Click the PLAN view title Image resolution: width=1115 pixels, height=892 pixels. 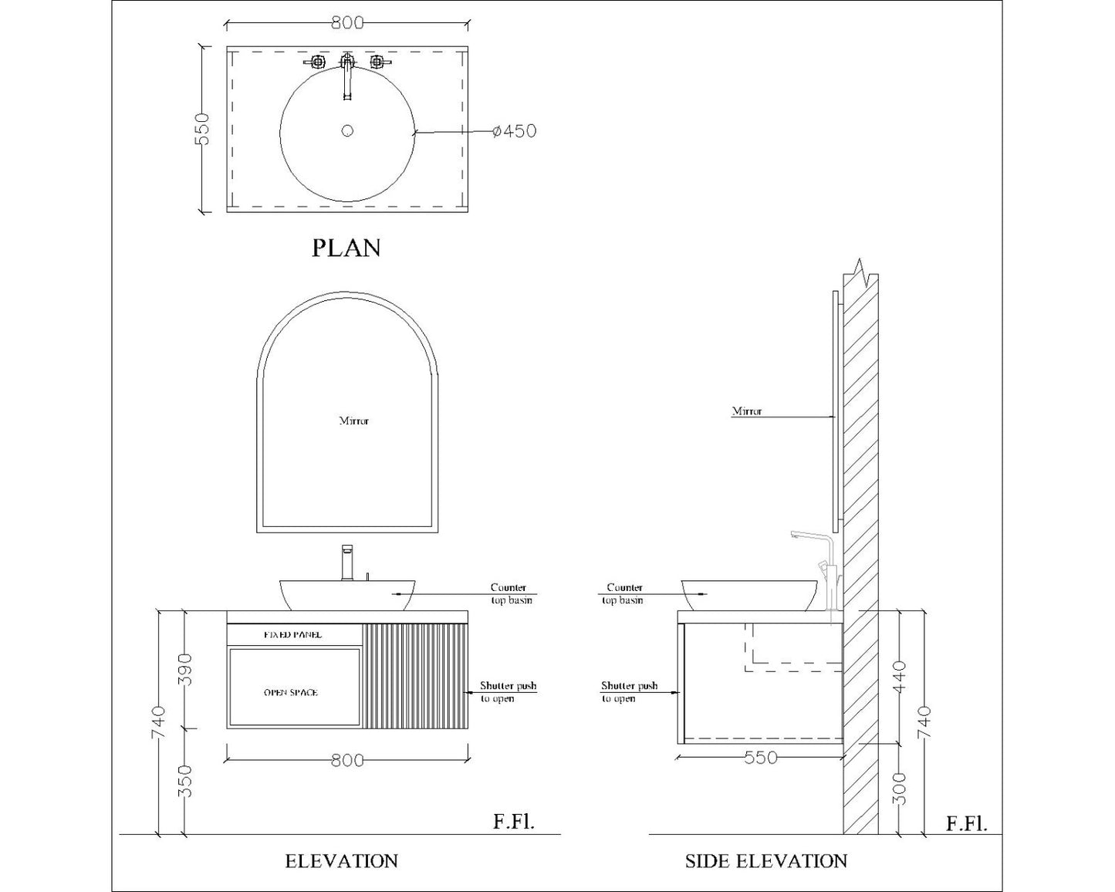point(346,248)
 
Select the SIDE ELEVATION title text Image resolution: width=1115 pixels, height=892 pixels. point(766,861)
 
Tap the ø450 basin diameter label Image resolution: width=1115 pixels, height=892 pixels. point(514,131)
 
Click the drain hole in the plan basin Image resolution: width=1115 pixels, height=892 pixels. point(347,130)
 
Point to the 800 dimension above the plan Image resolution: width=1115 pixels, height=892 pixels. point(347,23)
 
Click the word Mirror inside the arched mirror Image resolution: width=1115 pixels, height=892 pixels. point(354,421)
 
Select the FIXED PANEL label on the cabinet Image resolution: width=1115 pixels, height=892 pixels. point(293,635)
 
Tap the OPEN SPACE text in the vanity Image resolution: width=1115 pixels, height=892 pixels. point(291,693)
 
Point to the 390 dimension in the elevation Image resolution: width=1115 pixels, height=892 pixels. point(184,668)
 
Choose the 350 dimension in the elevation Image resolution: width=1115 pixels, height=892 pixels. point(184,781)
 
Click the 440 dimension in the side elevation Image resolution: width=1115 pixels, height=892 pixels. point(900,676)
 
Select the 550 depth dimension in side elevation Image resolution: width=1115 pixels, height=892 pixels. point(761,759)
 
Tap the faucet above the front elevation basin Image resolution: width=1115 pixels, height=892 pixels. point(347,563)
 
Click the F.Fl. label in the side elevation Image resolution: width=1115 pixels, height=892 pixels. point(966,823)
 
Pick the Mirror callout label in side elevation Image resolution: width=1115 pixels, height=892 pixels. point(747,411)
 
